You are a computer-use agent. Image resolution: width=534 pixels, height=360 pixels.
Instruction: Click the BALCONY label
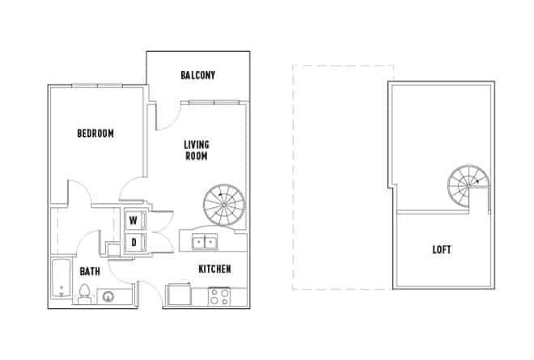[x=197, y=76]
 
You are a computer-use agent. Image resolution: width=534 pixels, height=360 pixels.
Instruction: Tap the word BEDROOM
[x=95, y=133]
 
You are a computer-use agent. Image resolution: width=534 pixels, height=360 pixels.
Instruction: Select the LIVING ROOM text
[x=197, y=150]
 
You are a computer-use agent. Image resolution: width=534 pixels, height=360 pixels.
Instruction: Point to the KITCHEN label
[x=215, y=269]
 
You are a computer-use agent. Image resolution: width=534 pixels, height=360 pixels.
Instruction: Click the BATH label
[x=90, y=272]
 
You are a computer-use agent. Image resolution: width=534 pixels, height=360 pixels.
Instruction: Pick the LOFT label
[x=442, y=250]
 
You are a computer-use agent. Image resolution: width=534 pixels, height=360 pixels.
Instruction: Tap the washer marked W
[x=134, y=220]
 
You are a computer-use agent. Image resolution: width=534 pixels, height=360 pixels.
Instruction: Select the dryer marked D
[x=134, y=242]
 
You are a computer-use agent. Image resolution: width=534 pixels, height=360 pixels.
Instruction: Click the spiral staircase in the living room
[x=224, y=205]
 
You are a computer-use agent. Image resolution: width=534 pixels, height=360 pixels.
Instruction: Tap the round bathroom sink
[x=111, y=297]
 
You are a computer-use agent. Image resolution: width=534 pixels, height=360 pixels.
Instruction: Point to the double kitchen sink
[x=203, y=242]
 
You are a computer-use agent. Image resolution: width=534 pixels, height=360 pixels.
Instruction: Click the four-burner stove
[x=219, y=296]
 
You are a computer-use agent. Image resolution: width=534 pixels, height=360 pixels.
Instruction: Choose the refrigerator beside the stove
[x=178, y=295]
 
